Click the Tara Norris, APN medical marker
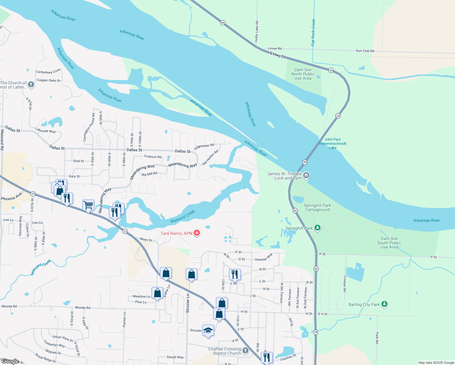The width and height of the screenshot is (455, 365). [197, 233]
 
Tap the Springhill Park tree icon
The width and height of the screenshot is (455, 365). [317, 228]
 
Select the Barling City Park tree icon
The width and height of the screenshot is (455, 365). [384, 304]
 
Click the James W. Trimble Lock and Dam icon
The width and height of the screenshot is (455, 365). [306, 175]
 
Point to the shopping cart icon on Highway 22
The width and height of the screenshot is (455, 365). [88, 205]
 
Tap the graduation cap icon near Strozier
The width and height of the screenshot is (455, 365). [208, 330]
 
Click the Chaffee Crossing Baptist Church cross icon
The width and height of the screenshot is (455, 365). [245, 351]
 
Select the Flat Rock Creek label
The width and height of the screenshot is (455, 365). [313, 33]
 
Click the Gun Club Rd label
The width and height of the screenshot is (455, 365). [365, 51]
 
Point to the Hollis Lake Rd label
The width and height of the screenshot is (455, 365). [257, 31]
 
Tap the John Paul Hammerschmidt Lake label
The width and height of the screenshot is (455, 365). [332, 143]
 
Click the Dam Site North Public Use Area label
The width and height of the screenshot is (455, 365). [303, 74]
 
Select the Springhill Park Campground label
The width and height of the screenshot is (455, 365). [317, 207]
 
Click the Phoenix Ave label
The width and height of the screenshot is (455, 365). [12, 197]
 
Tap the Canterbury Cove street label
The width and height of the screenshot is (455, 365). [48, 71]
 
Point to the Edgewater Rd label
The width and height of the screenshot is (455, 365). [204, 146]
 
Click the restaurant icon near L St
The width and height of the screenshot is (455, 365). [234, 274]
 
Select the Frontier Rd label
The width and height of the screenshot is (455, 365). [345, 284]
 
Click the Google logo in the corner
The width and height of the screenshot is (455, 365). [10, 361]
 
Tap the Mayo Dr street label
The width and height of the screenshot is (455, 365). [146, 240]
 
